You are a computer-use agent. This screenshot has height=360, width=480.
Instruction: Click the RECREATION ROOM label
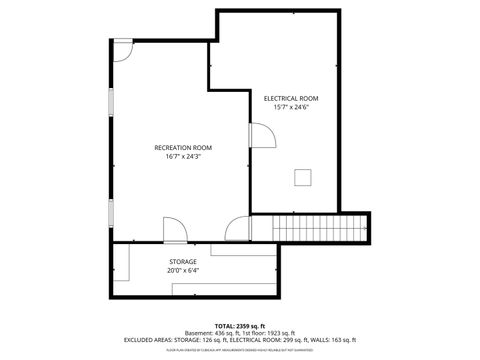[x=182, y=148]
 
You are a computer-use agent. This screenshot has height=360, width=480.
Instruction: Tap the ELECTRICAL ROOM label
[x=291, y=98]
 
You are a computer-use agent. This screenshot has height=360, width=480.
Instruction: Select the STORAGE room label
[x=182, y=261]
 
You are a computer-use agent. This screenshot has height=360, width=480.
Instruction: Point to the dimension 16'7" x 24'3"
[x=182, y=157]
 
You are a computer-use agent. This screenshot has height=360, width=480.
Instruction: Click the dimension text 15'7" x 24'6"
[x=291, y=107]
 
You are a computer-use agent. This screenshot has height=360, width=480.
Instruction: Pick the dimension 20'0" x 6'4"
[x=182, y=270]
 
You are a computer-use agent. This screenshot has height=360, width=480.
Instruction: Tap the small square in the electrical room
[x=301, y=177]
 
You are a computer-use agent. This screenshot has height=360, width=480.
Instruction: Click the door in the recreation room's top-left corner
[x=122, y=49]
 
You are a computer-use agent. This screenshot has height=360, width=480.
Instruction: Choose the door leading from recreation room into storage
[x=173, y=232]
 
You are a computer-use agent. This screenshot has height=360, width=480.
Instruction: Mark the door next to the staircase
[x=237, y=229]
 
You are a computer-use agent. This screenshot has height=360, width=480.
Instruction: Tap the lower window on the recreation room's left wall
[x=111, y=211]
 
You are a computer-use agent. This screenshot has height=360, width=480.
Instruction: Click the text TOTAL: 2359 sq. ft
[x=240, y=326]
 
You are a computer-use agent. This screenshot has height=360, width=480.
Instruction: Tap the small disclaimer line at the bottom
[x=240, y=349]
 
